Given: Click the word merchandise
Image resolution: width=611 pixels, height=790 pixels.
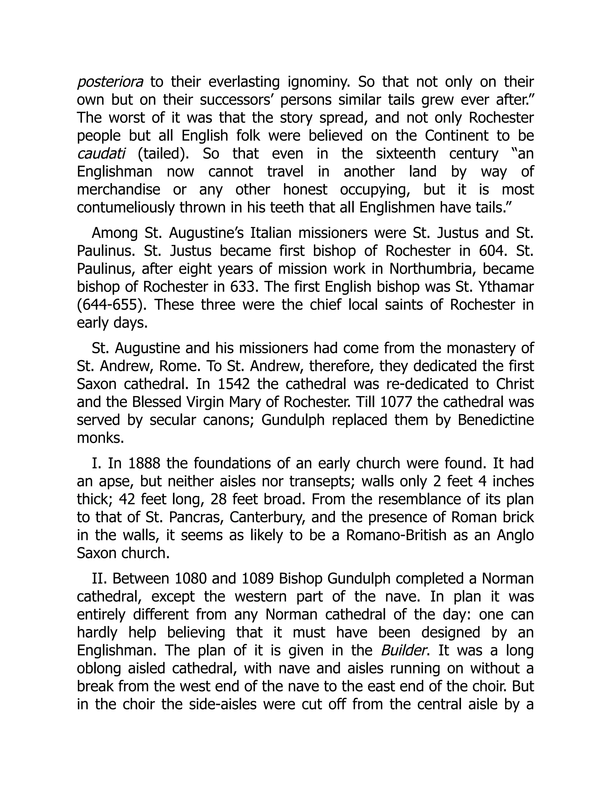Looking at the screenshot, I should [x=118, y=190].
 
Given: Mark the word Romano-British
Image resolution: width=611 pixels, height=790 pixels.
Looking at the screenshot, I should [x=396, y=535].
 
